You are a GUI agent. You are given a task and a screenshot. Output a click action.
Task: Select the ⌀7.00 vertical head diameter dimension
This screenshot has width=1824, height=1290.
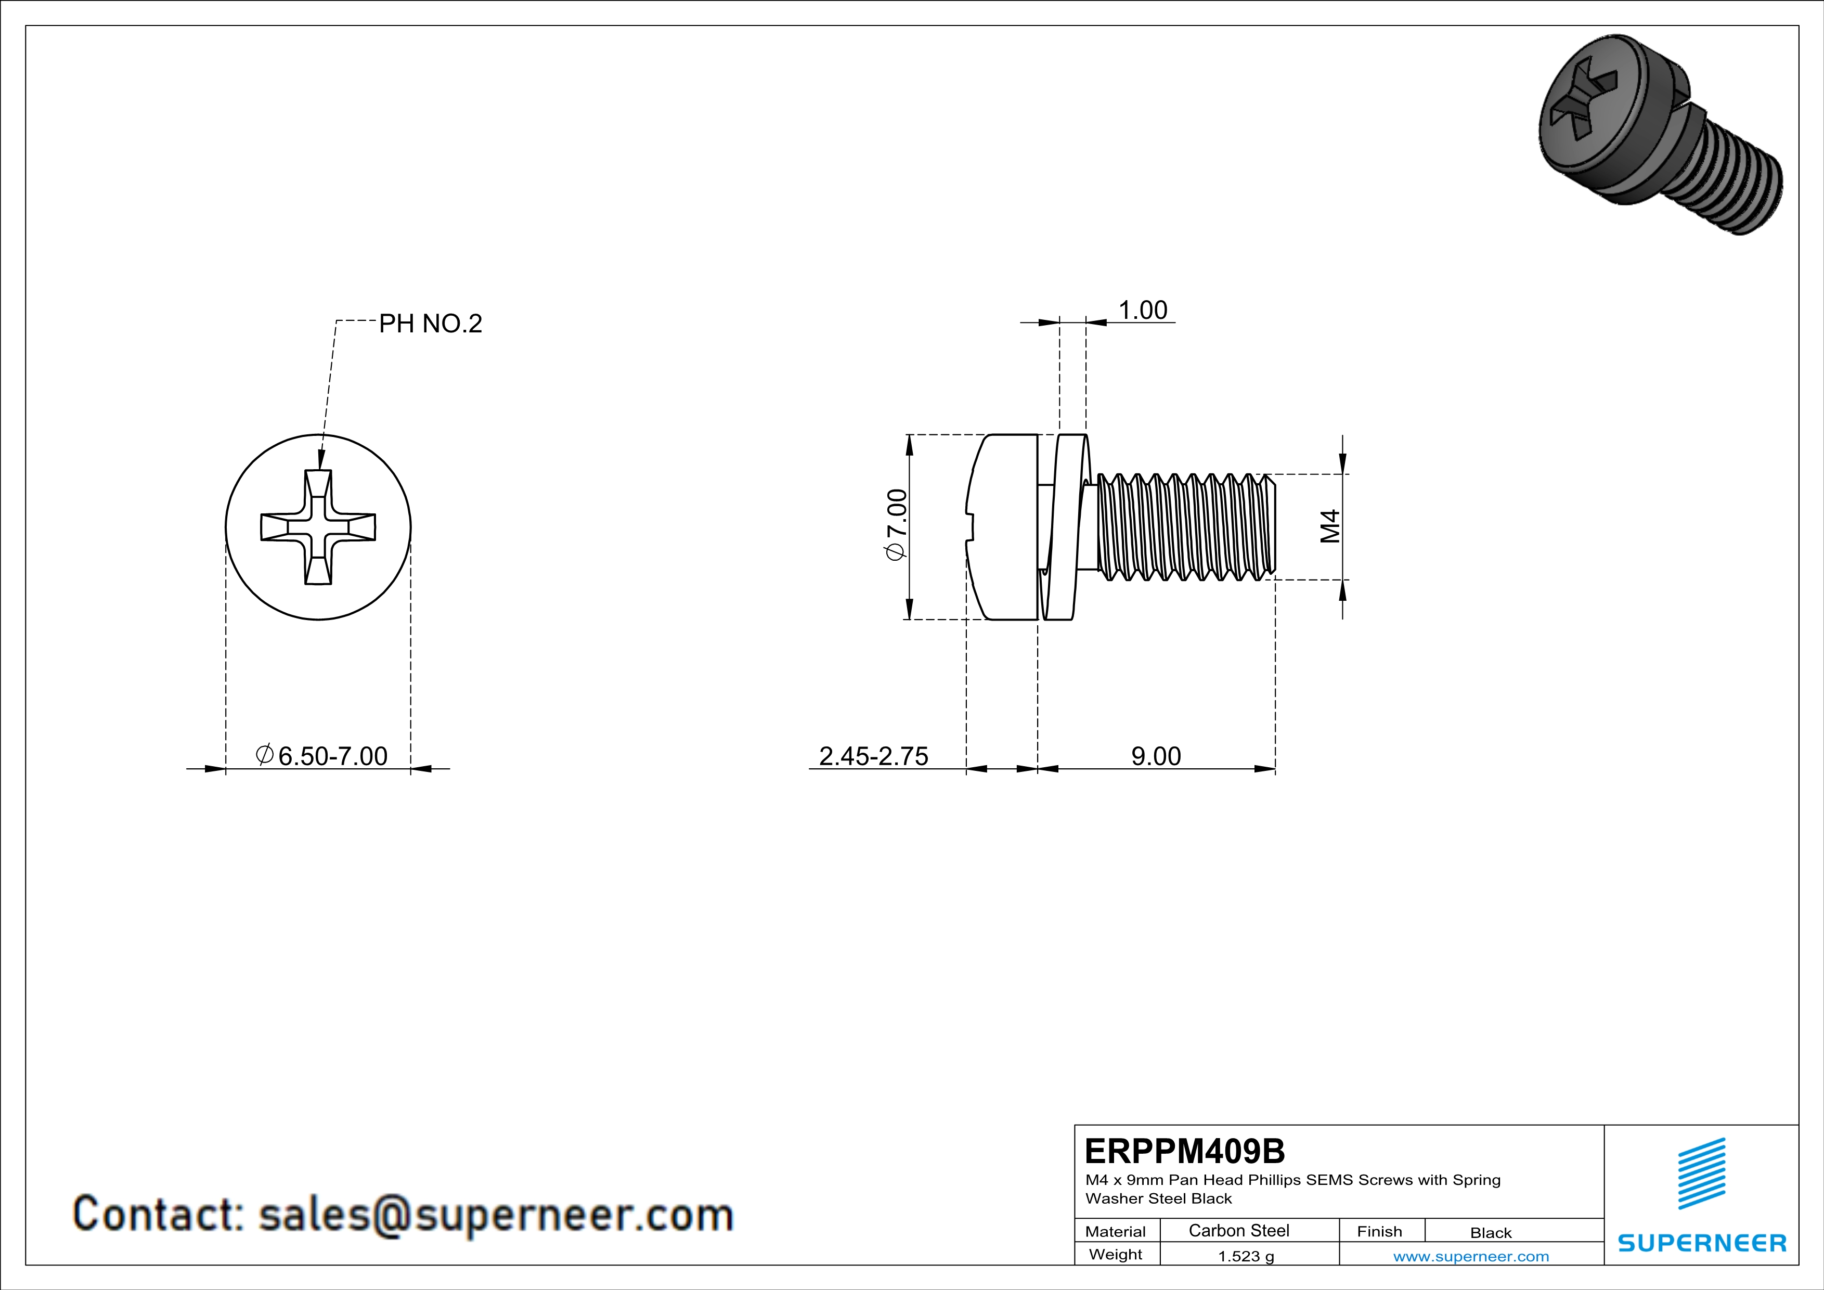click(x=896, y=525)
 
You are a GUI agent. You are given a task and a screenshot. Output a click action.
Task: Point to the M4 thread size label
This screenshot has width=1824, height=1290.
click(x=1330, y=526)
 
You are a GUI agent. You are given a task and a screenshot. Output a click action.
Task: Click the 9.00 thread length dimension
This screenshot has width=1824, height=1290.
click(x=1156, y=755)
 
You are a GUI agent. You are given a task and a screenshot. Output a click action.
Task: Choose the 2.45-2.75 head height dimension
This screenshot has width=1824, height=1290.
click(x=873, y=755)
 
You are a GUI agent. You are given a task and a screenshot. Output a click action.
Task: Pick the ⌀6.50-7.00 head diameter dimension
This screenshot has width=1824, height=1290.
click(x=322, y=755)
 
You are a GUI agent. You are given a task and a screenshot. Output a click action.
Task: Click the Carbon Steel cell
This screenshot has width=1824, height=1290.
click(x=1238, y=1230)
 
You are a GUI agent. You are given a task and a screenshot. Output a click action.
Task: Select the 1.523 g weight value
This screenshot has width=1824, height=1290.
click(x=1246, y=1256)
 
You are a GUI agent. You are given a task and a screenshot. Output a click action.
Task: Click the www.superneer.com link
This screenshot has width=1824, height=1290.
click(x=1470, y=1256)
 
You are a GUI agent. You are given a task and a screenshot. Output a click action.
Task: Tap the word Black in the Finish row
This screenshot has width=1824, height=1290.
click(x=1490, y=1233)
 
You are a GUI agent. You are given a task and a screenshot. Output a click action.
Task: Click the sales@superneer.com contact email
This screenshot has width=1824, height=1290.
click(x=496, y=1215)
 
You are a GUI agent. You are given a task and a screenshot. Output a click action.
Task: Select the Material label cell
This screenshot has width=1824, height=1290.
click(x=1116, y=1231)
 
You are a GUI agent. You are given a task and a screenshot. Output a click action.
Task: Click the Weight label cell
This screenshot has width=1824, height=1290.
click(x=1116, y=1254)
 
